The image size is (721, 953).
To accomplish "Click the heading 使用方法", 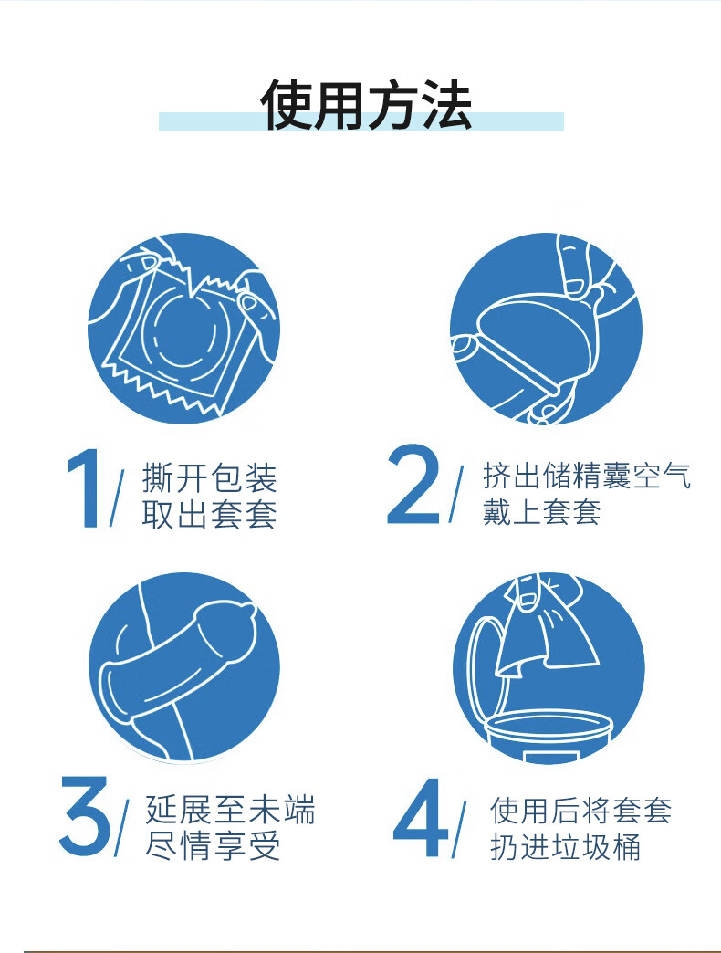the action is coord(366,105).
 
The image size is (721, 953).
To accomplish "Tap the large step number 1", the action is coord(85,488).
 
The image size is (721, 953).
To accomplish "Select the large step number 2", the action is coord(413,485).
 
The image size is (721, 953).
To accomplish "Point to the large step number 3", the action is coord(85,817).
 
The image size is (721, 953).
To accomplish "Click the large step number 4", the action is coord(421,818).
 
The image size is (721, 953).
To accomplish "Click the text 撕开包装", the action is coord(210,477).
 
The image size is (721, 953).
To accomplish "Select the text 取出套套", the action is coord(210,514).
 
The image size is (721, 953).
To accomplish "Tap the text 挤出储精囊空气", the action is coord(587,476).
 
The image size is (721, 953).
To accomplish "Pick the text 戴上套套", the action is coord(541,512).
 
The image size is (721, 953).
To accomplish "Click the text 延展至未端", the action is coord(230,810).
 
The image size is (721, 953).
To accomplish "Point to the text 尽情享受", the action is coord(213,845).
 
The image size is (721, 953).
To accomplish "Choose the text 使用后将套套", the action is coord(580,811).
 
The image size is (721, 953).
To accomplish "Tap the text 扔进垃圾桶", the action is coord(565,846).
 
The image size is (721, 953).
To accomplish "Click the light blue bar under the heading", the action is coord(360,121).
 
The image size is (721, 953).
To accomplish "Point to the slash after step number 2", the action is coord(455,494).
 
